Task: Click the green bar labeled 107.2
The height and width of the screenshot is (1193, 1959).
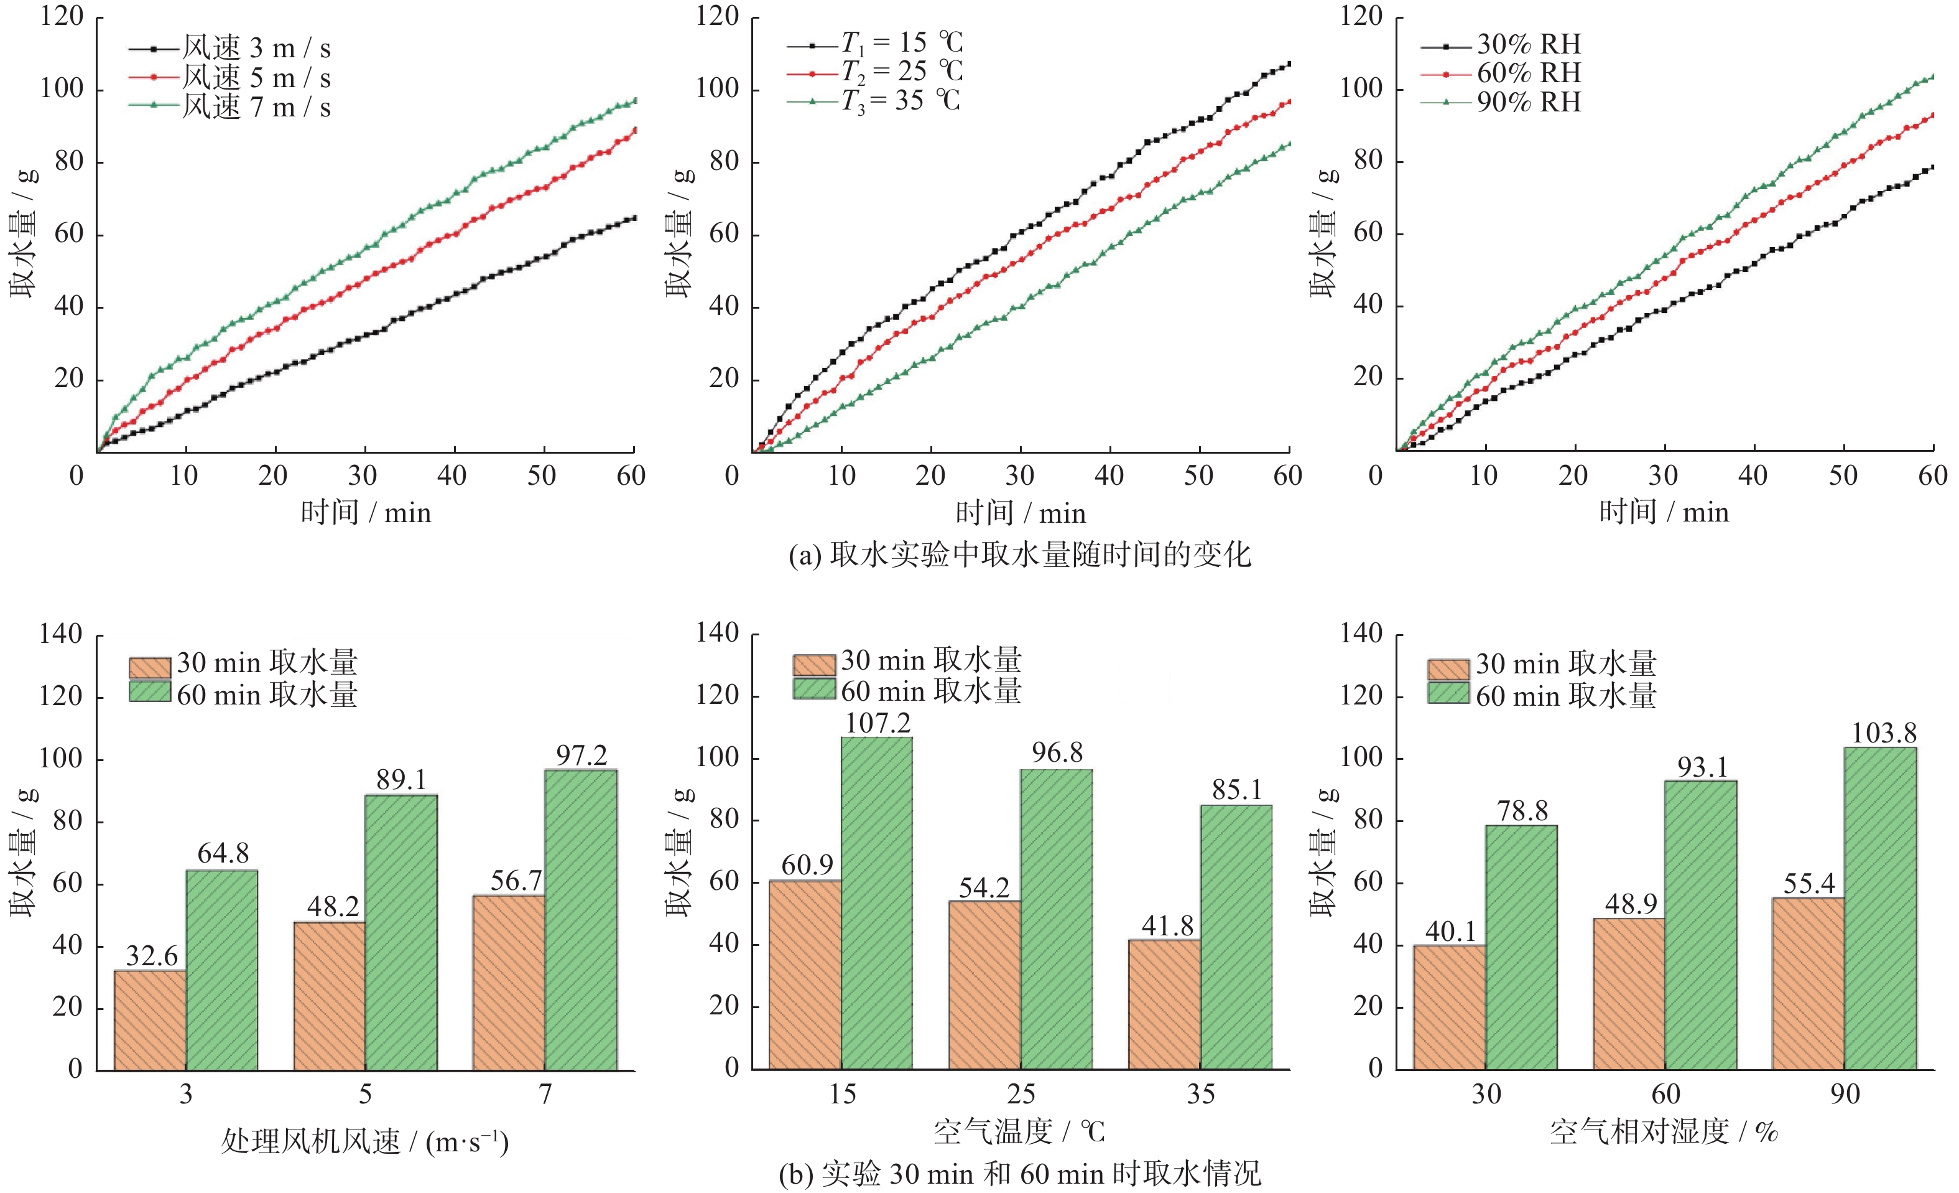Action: pos(876,903)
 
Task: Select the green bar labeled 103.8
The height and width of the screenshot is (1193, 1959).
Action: pos(1879,908)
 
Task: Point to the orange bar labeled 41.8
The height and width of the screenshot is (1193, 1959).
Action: pos(1164,1004)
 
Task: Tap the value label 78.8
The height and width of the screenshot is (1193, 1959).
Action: pos(1522,812)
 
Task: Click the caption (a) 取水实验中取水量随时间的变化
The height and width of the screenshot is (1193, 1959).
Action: pos(1019,554)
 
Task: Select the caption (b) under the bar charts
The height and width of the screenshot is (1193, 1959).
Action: pos(1019,1174)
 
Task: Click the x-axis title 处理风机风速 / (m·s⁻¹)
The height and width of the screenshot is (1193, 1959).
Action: pos(365,1141)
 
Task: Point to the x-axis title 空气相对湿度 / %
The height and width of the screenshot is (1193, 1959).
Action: pos(1663,1131)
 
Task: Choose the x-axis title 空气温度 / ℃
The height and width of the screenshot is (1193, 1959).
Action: pos(1019,1131)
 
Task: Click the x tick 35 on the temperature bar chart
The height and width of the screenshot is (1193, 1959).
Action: pos(1200,1095)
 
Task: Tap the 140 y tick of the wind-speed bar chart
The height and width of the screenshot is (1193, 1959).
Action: pos(61,635)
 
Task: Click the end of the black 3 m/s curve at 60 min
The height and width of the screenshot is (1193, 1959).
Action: pos(634,218)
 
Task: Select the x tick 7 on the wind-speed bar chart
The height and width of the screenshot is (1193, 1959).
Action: pos(545,1095)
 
